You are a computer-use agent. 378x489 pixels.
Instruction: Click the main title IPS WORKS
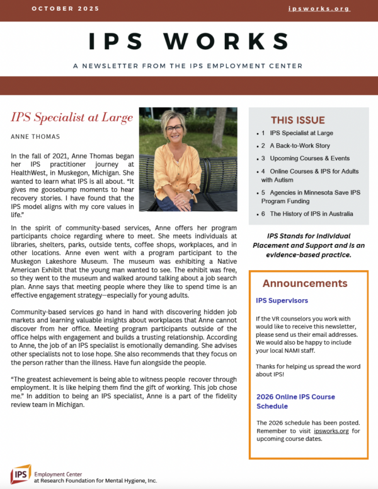coord(189,41)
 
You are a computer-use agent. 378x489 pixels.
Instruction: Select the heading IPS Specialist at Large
coord(72,117)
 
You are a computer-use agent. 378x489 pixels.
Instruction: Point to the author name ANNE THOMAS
coord(35,136)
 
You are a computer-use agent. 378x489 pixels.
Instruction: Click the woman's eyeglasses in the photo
coord(175,129)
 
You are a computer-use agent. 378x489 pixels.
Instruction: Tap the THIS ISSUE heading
coord(298,120)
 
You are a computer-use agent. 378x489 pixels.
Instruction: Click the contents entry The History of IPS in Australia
coord(311,214)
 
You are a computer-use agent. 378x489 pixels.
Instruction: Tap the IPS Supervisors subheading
coord(282,300)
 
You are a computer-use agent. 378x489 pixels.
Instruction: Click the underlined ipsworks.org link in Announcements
coord(333,431)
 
